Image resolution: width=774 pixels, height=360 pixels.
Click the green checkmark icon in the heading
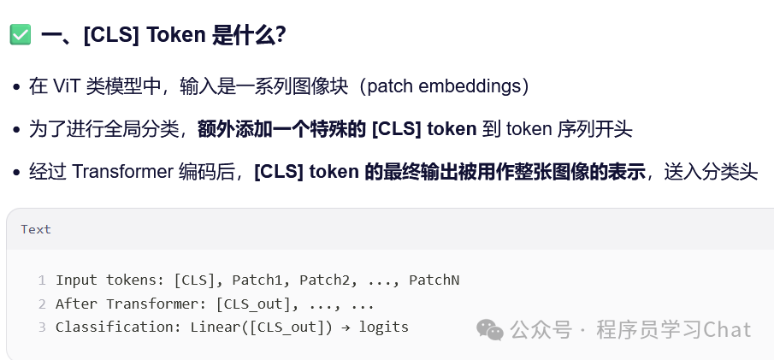click(21, 35)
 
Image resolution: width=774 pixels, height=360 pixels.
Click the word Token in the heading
click(175, 35)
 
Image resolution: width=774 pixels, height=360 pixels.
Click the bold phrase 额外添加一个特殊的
click(282, 129)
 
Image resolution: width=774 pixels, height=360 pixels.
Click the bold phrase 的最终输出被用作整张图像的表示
click(505, 172)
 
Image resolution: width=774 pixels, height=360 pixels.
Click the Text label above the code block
click(36, 229)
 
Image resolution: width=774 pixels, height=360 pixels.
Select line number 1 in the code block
click(41, 280)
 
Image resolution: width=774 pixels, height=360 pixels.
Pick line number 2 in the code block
click(41, 304)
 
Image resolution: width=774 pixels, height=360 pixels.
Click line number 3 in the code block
click(41, 327)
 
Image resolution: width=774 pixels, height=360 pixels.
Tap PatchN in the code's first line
click(434, 280)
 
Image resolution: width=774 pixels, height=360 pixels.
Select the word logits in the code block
click(383, 327)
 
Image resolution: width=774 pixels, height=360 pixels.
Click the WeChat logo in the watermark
click(490, 329)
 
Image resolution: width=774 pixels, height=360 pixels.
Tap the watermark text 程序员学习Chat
click(674, 329)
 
